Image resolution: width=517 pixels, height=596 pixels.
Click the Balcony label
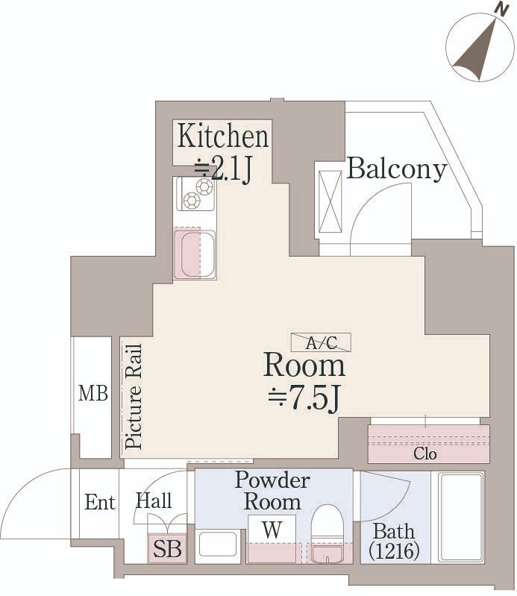point(396,169)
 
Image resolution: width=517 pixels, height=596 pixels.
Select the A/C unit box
point(322,342)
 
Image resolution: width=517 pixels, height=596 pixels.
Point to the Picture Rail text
point(134,396)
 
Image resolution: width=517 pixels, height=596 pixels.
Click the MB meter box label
point(93,393)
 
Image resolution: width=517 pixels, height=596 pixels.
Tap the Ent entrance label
point(100,502)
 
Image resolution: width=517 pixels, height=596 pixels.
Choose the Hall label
point(154,501)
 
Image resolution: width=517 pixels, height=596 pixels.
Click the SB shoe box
point(167,549)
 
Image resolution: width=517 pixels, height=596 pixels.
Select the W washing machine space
point(272,529)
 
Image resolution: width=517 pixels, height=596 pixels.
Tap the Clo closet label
point(424,454)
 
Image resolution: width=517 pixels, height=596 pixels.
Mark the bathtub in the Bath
point(461,517)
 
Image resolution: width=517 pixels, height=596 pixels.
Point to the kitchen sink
point(195,254)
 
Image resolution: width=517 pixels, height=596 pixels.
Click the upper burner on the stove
point(204,186)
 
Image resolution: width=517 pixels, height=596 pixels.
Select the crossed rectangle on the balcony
point(330,201)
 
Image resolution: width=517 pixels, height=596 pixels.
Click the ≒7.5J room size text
point(304,399)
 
